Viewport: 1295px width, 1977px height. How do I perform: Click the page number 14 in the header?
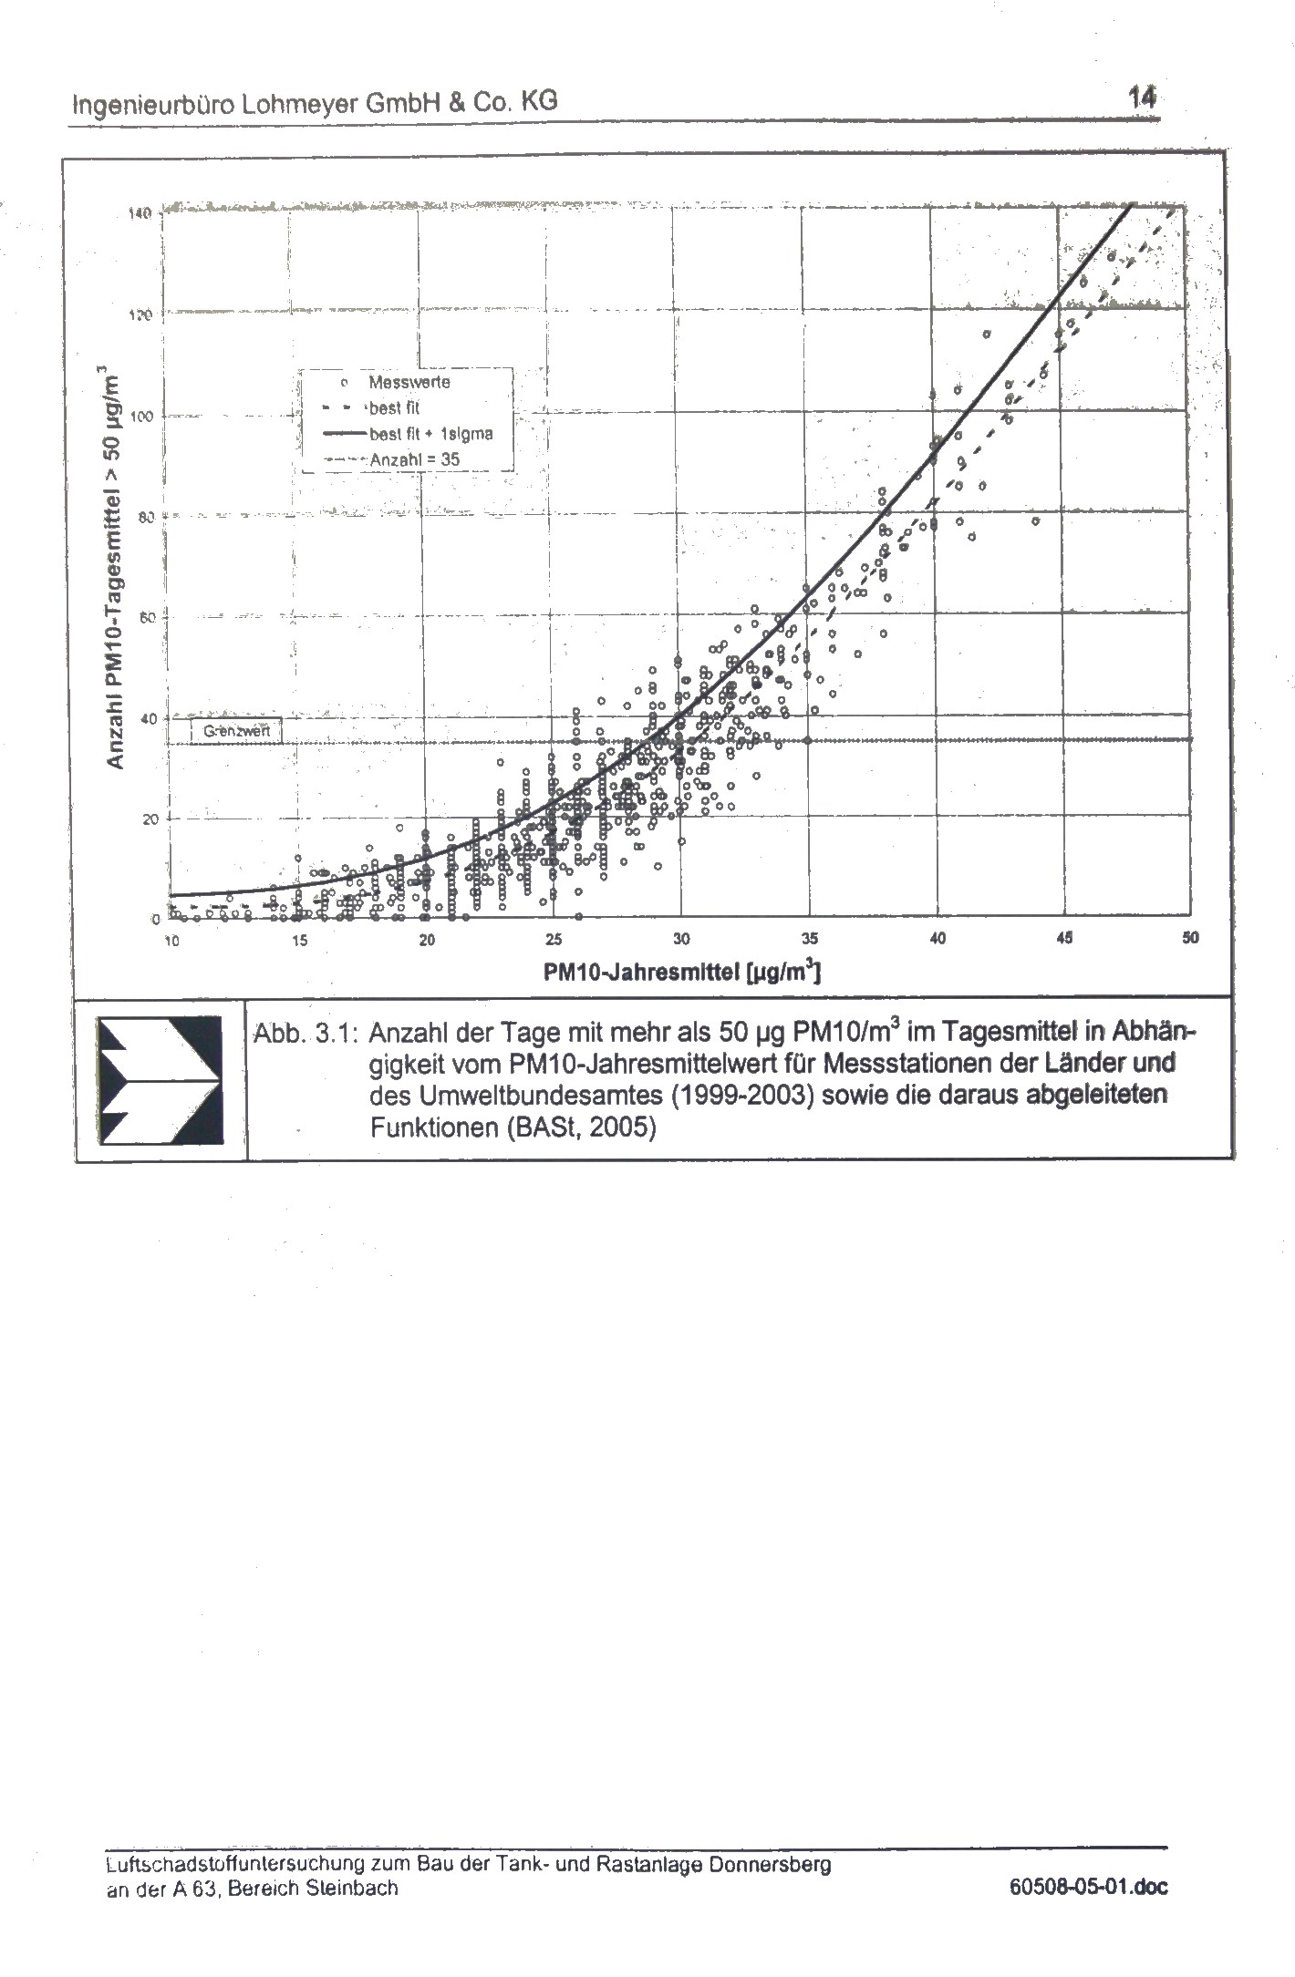pos(1142,97)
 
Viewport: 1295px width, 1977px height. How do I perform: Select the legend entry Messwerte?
pos(409,382)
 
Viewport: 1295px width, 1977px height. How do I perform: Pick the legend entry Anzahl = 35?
pos(414,460)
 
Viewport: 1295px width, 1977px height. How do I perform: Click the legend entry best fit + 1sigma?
pos(430,434)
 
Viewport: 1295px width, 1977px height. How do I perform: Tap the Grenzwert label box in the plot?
pos(236,730)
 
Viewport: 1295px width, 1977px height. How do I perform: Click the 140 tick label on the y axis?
pos(139,213)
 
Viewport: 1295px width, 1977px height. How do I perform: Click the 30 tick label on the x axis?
pos(681,940)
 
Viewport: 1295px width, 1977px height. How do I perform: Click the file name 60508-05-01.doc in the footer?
pos(1088,1887)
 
